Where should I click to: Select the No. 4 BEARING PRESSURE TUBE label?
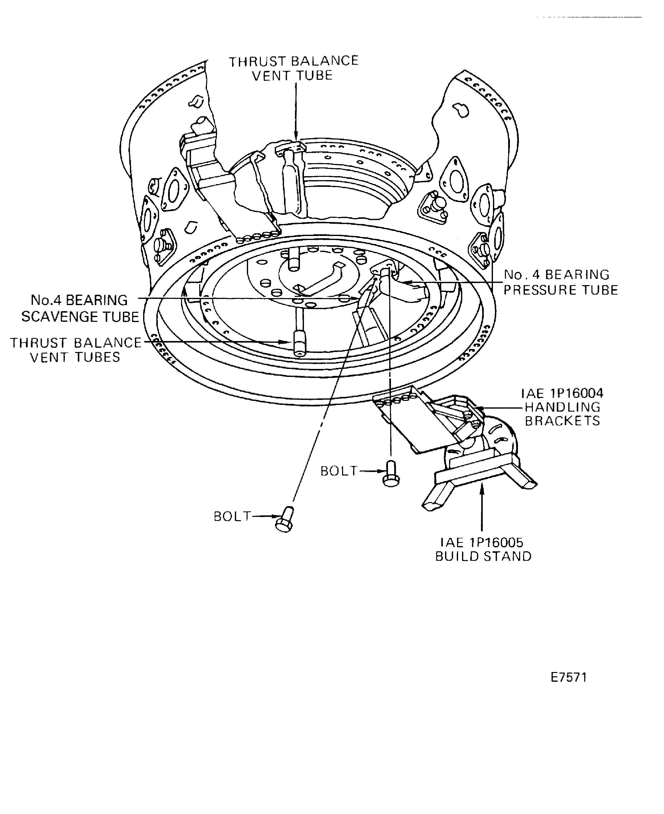(x=560, y=282)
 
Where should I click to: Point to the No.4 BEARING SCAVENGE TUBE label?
(x=80, y=308)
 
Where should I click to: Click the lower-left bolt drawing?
(x=284, y=520)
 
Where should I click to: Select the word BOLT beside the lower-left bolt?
(x=232, y=517)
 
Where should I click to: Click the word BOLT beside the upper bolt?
(x=339, y=471)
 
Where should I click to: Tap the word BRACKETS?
(x=562, y=421)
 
